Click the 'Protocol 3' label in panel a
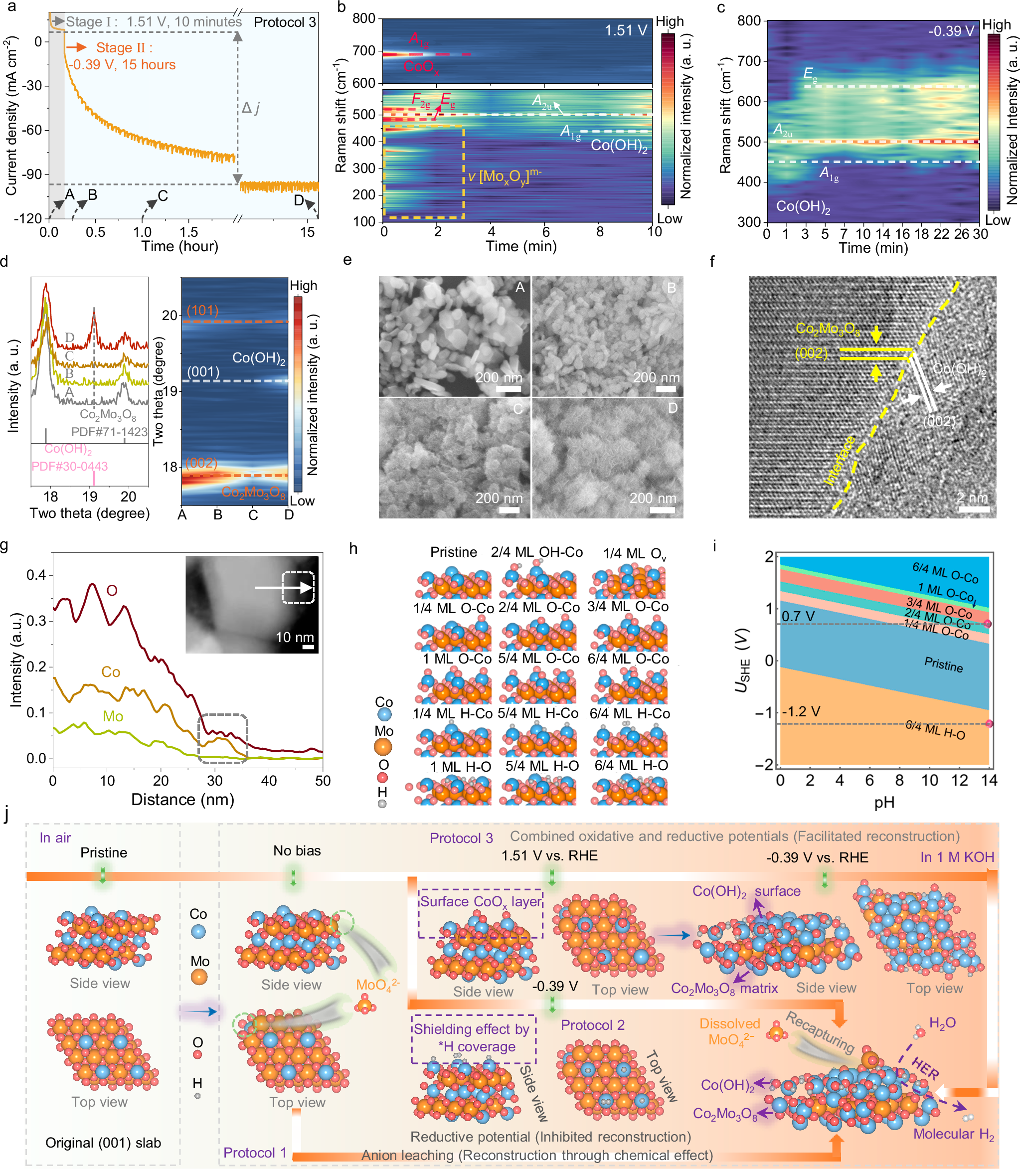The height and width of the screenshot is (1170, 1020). click(x=285, y=22)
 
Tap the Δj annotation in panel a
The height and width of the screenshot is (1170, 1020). click(x=250, y=108)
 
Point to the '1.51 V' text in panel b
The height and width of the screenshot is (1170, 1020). click(x=626, y=31)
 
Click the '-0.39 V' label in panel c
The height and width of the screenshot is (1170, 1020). click(x=951, y=31)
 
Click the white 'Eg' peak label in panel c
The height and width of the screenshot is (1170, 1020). click(x=810, y=74)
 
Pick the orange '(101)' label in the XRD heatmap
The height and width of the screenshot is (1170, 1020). click(x=202, y=311)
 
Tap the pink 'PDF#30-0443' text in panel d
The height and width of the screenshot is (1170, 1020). click(x=69, y=467)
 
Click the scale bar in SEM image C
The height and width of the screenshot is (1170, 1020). click(x=509, y=510)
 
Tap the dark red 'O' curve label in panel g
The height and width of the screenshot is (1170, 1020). click(x=112, y=590)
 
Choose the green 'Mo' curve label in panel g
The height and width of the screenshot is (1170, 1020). click(x=113, y=716)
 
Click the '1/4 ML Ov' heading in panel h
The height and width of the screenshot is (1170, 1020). click(x=634, y=554)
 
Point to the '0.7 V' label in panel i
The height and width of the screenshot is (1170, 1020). click(x=798, y=616)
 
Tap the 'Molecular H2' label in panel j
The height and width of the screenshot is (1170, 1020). click(x=953, y=1134)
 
